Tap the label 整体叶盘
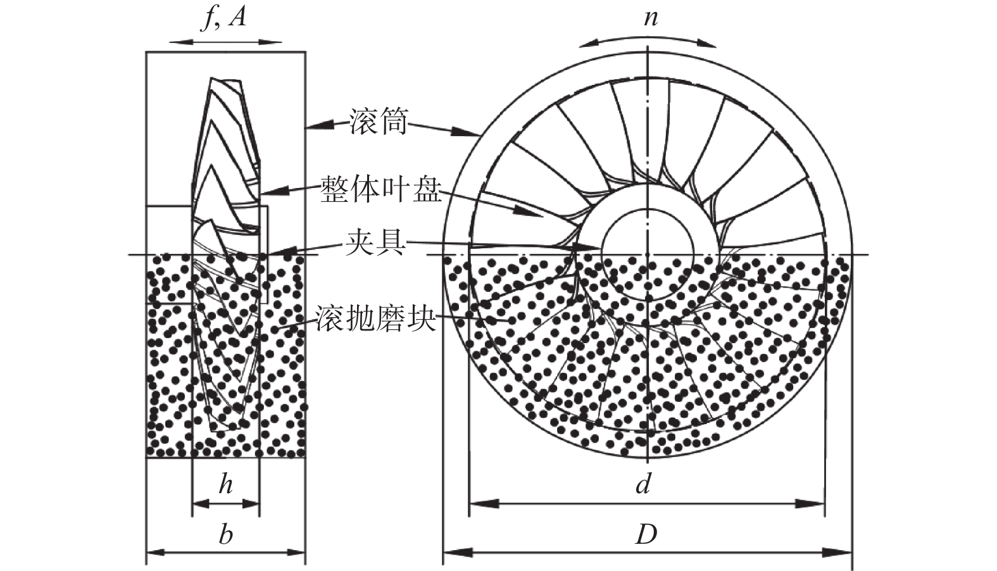pyautogui.click(x=381, y=189)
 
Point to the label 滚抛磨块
pyautogui.click(x=375, y=318)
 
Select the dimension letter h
pyautogui.click(x=225, y=484)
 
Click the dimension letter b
pyautogui.click(x=225, y=534)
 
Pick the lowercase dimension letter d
pyautogui.click(x=644, y=484)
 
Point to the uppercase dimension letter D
pyautogui.click(x=646, y=534)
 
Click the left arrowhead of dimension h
pyautogui.click(x=201, y=504)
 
